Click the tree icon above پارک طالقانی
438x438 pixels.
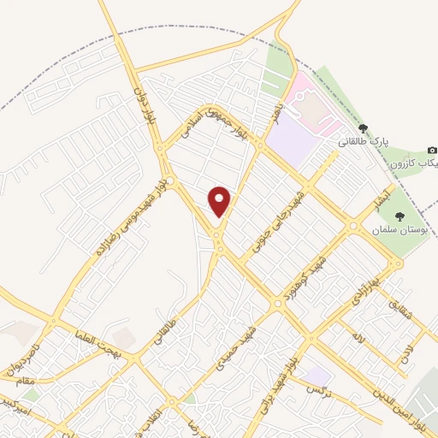click(x=363, y=127)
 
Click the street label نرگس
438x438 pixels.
click(x=318, y=392)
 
